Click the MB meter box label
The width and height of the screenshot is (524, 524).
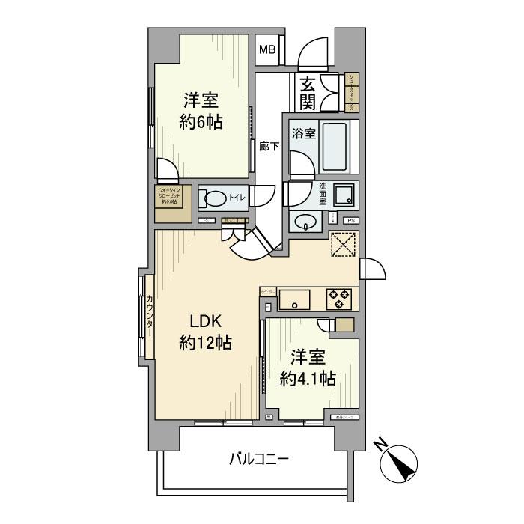[x=267, y=50]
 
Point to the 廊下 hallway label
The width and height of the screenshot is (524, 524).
[x=269, y=147]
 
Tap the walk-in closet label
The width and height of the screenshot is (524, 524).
[x=171, y=202]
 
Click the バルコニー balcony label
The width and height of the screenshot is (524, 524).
[x=258, y=459]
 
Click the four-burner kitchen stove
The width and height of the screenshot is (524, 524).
[x=339, y=299]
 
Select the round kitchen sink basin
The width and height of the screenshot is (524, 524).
[x=296, y=305]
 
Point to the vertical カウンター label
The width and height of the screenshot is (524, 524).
[x=151, y=317]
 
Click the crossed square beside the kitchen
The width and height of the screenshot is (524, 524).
[x=344, y=245]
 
